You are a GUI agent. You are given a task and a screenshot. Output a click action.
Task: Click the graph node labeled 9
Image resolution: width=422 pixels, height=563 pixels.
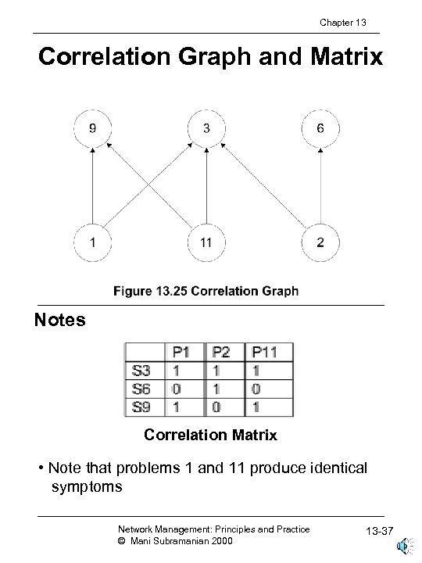coord(93,128)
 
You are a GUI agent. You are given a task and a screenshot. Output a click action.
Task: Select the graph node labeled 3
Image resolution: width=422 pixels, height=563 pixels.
coord(206,128)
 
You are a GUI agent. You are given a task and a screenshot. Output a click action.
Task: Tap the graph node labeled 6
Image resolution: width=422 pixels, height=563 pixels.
coord(320,128)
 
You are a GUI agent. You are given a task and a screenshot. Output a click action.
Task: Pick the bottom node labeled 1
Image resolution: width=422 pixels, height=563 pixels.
coord(93,242)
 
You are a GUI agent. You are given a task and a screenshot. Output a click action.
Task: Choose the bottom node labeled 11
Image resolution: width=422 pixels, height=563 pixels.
coord(206,242)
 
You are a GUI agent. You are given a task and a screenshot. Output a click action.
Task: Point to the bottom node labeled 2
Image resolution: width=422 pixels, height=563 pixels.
coord(320,242)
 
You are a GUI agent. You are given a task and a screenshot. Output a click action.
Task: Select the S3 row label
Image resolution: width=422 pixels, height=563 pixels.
coord(143,369)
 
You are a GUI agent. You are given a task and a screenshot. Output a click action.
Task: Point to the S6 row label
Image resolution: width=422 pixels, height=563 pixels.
coord(143,388)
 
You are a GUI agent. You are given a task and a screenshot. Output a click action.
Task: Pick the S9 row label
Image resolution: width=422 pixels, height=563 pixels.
coord(143,407)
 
